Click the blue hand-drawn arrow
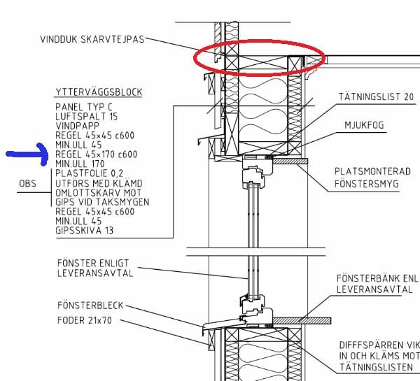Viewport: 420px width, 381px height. pyautogui.click(x=27, y=154)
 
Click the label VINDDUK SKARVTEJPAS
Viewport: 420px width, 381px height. pyautogui.click(x=92, y=39)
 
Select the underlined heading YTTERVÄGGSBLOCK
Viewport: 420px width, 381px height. pyautogui.click(x=99, y=92)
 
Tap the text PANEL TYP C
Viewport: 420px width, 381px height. pyautogui.click(x=84, y=107)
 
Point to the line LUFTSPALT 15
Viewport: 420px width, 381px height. pyautogui.click(x=87, y=117)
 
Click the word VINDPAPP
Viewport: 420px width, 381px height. pyautogui.click(x=78, y=126)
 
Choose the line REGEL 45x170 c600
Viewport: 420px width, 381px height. pyautogui.click(x=97, y=154)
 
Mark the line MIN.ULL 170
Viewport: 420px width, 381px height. pyautogui.click(x=80, y=164)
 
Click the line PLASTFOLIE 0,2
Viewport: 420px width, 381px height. pyautogui.click(x=90, y=173)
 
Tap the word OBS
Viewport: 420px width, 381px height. pyautogui.click(x=27, y=184)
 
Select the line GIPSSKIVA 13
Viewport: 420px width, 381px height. pyautogui.click(x=85, y=231)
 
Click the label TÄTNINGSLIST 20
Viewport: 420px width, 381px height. pyautogui.click(x=376, y=96)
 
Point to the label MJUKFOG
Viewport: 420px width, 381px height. pyautogui.click(x=364, y=125)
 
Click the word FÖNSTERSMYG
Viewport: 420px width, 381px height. pyautogui.click(x=366, y=184)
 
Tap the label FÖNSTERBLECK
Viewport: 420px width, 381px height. pyautogui.click(x=90, y=305)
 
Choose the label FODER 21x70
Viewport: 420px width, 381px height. pyautogui.click(x=85, y=320)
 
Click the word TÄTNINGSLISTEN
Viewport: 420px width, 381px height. pyautogui.click(x=376, y=367)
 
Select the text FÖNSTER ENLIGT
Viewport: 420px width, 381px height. pyautogui.click(x=93, y=263)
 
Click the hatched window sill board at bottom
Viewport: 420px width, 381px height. pyautogui.click(x=302, y=321)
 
